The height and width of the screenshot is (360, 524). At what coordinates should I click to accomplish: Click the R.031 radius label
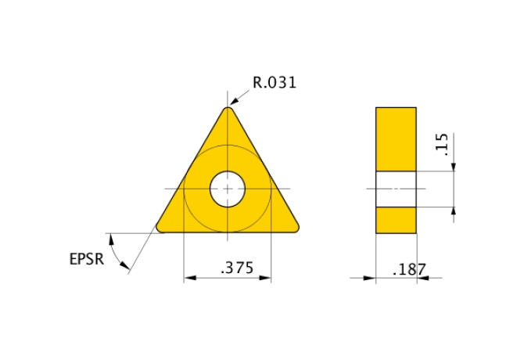coord(275,82)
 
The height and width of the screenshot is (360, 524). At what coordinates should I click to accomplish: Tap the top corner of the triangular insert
coord(228,111)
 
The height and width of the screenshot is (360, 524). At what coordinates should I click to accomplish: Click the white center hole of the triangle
coord(228,189)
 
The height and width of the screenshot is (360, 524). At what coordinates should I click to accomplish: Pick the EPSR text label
coord(86,259)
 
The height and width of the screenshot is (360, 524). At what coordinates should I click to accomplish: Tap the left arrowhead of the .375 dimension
coord(188,277)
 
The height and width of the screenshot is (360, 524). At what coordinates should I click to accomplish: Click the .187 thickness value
coord(409,269)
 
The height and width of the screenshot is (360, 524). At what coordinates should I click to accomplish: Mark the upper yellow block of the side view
coord(396,139)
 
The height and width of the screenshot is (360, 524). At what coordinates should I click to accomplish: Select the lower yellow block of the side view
coord(396,220)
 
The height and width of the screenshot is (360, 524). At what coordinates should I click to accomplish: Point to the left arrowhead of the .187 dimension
coord(371,277)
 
